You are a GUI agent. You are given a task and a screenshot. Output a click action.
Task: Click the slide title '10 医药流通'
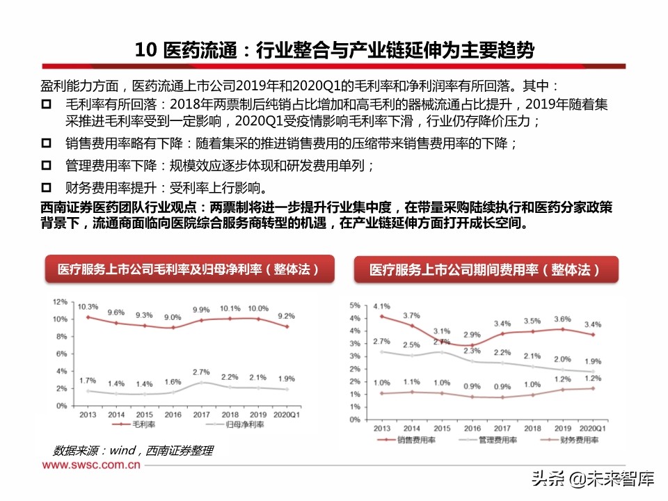(x=189, y=50)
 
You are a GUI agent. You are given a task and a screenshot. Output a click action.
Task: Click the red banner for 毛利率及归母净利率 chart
(x=189, y=269)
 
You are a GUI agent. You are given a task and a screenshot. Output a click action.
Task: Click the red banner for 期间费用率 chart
(x=484, y=269)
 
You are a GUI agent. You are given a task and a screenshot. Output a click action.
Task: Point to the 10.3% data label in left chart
(x=88, y=307)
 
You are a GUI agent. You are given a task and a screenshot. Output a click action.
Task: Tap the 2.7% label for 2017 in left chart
(x=201, y=372)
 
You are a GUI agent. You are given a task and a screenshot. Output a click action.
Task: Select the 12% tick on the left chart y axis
(x=61, y=303)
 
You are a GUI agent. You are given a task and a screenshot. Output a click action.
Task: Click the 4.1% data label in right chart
(x=381, y=306)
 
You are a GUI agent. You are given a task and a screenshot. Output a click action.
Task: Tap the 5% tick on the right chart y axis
(x=354, y=305)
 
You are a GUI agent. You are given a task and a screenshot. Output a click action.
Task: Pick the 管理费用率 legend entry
(x=495, y=440)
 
